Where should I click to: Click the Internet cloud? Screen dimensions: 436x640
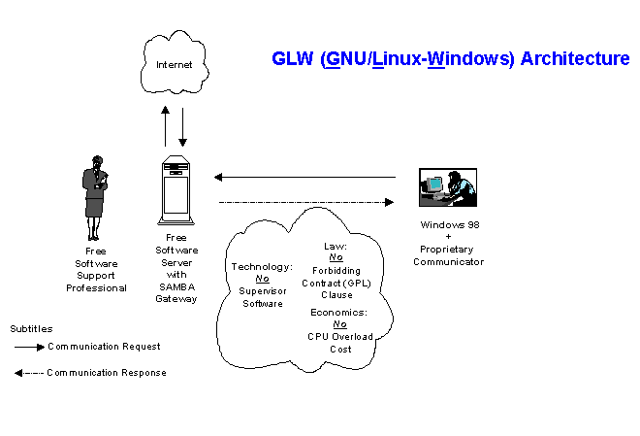pyautogui.click(x=175, y=65)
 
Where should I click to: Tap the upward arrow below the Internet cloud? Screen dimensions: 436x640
pyautogui.click(x=165, y=124)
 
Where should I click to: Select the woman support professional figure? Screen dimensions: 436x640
pyautogui.click(x=96, y=191)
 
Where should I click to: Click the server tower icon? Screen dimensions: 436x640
pyautogui.click(x=176, y=189)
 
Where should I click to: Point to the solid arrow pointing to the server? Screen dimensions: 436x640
pyautogui.click(x=304, y=177)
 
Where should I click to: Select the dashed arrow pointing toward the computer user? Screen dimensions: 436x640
pyautogui.click(x=306, y=202)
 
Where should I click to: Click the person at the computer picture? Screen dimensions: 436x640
pyautogui.click(x=447, y=187)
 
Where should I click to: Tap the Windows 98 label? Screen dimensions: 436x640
pyautogui.click(x=450, y=224)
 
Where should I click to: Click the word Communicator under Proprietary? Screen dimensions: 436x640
pyautogui.click(x=448, y=261)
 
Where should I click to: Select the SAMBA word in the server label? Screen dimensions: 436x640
pyautogui.click(x=176, y=285)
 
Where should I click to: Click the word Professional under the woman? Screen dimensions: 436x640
pyautogui.click(x=96, y=287)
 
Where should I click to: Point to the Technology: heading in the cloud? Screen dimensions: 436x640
pyautogui.click(x=262, y=266)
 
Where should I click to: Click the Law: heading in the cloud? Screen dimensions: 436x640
pyautogui.click(x=335, y=247)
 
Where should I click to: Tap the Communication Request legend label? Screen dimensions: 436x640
pyautogui.click(x=103, y=346)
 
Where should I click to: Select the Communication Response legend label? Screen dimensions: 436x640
pyautogui.click(x=106, y=372)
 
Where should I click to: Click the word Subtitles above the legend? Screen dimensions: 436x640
pyautogui.click(x=32, y=329)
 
